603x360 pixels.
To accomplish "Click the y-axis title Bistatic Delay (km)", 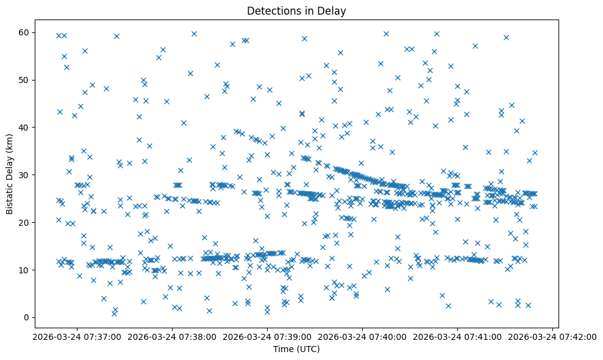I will click(10, 170).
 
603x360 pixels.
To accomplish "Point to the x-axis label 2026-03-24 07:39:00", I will click(267, 337).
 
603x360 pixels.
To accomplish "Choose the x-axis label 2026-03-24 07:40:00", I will click(362, 337).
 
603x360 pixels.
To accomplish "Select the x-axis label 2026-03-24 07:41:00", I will click(458, 337).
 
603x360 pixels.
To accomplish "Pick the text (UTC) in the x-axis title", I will click(308, 350).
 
